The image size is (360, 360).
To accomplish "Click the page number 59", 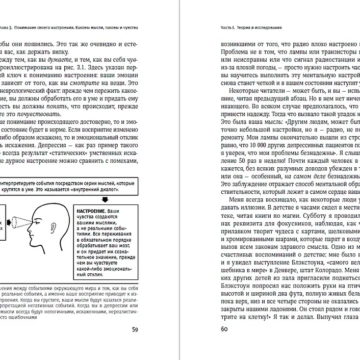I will click(135, 329).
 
